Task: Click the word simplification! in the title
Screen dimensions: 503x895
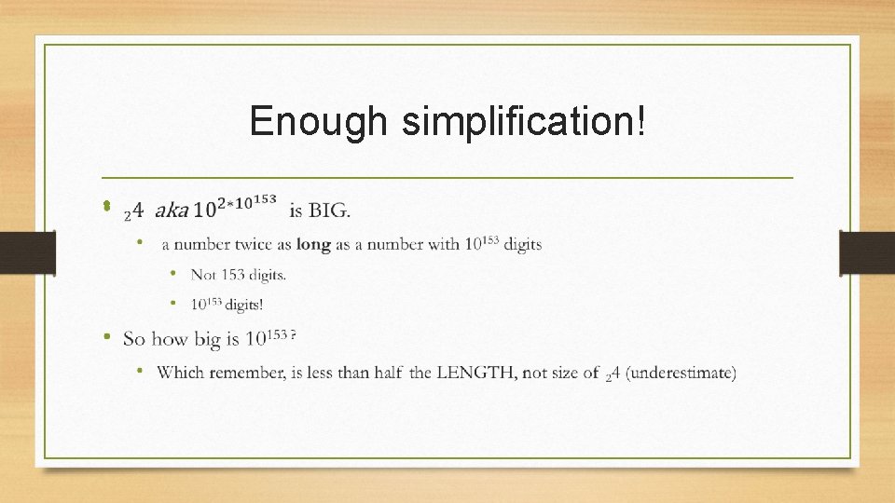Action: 522,122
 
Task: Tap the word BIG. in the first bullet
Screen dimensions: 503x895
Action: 329,211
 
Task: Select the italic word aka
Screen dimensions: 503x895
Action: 171,211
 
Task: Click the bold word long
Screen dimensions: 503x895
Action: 313,244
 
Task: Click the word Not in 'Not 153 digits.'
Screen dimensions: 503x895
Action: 203,274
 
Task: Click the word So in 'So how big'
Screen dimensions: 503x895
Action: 134,338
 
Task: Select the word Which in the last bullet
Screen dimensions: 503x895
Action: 180,373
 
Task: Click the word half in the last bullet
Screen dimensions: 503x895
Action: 387,373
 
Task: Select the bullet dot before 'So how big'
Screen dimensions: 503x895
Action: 108,336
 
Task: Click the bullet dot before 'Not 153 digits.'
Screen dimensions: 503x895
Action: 173,273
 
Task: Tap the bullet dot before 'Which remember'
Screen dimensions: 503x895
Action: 139,371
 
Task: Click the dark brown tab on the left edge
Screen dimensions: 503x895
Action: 27,252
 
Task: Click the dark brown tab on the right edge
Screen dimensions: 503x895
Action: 867,252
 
